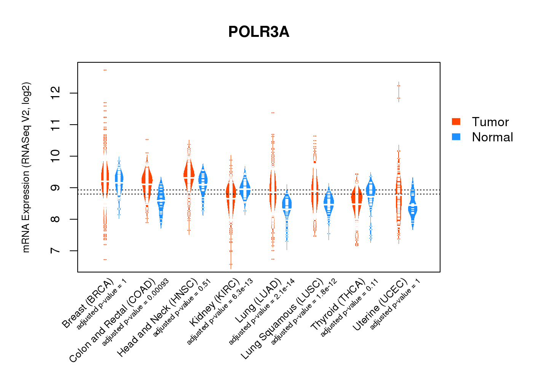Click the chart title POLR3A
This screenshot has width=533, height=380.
pyautogui.click(x=259, y=32)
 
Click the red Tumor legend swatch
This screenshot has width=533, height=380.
pyautogui.click(x=456, y=122)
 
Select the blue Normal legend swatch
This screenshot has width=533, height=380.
pyautogui.click(x=456, y=137)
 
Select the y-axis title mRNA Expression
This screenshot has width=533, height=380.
pyautogui.click(x=26, y=167)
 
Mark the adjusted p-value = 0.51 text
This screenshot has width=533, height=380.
pyautogui.click(x=182, y=308)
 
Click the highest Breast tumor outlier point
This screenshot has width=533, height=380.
pyautogui.click(x=105, y=70)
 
